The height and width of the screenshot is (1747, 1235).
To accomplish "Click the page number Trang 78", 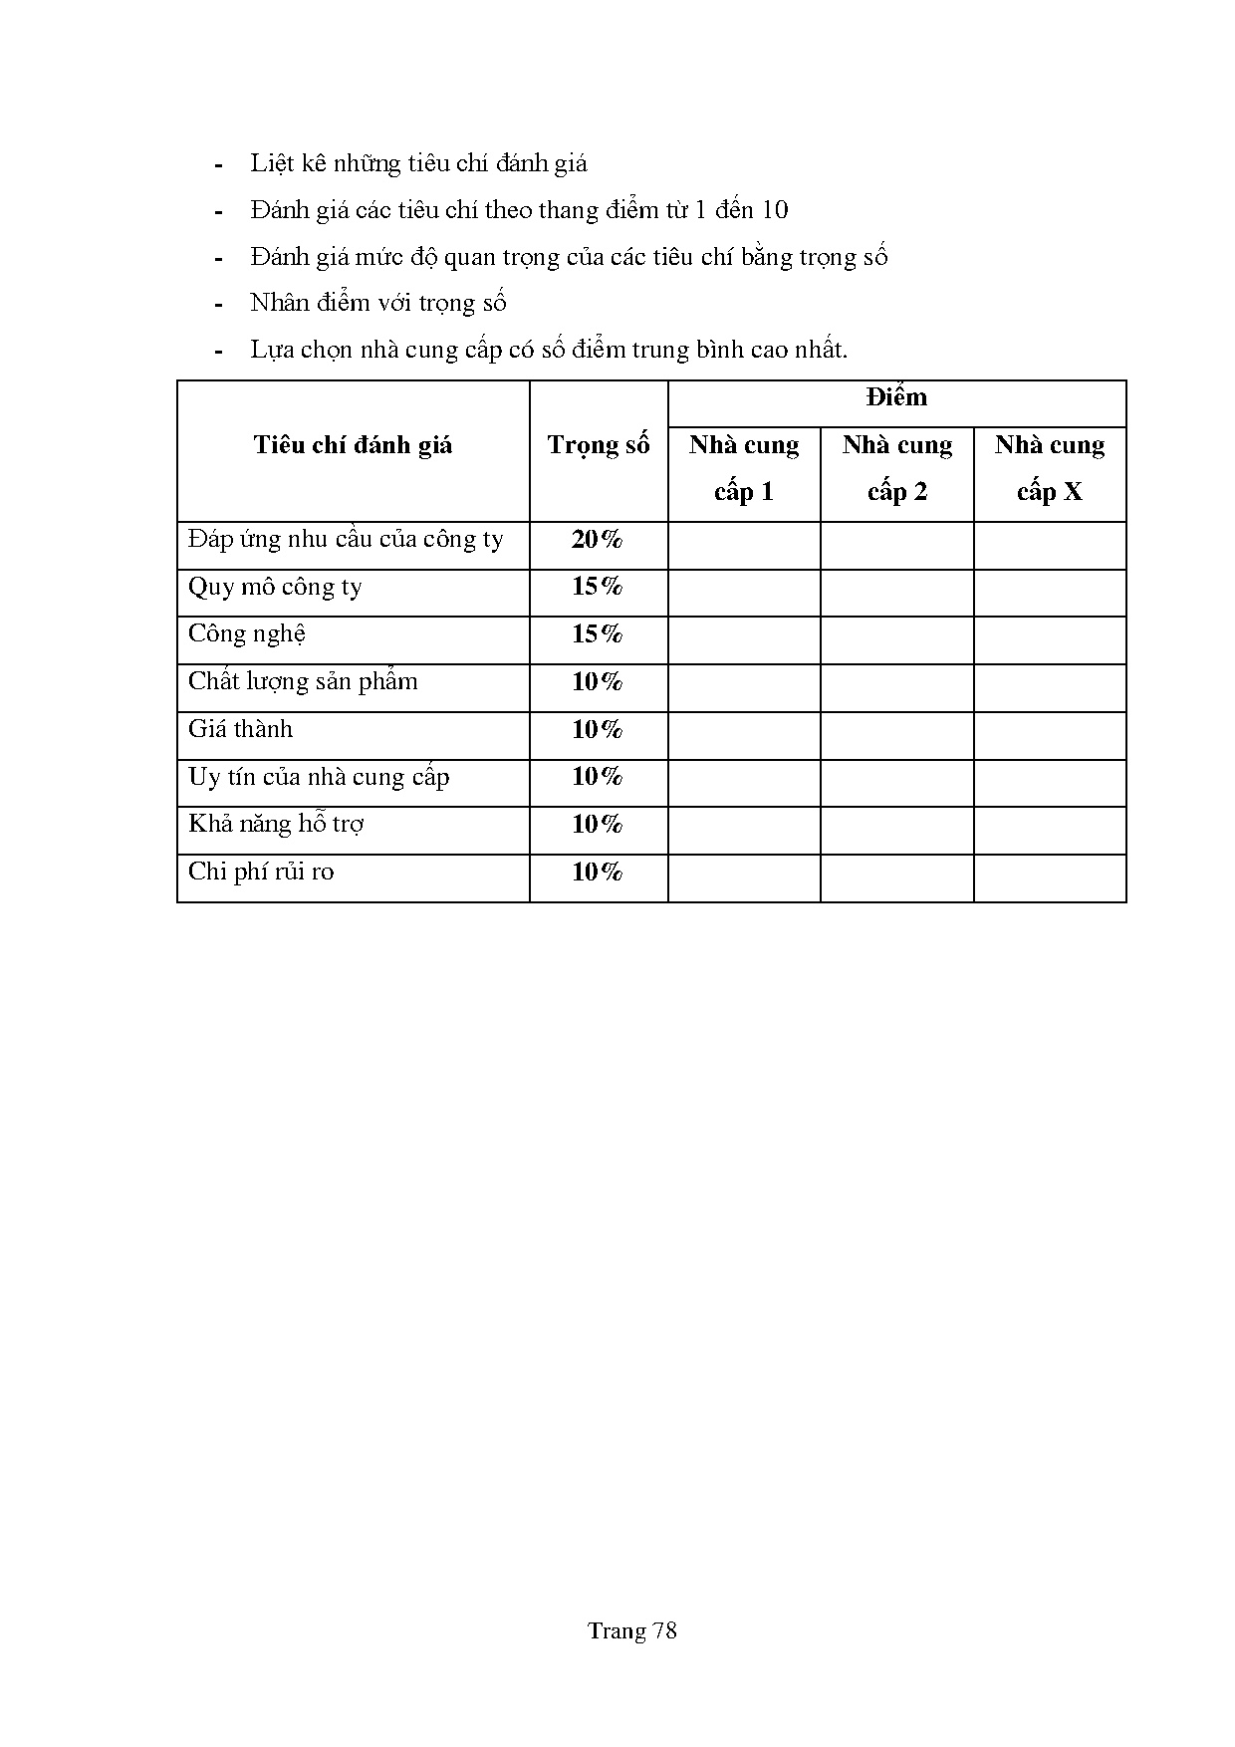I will [631, 1630].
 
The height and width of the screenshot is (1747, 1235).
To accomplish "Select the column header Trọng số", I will [598, 445].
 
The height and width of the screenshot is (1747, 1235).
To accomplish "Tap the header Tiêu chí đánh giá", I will [353, 445].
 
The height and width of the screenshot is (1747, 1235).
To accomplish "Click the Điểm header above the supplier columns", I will [896, 398].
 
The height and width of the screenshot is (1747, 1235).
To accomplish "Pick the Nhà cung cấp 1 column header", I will [744, 468].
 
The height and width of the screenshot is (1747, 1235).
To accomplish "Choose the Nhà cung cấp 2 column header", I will [896, 468].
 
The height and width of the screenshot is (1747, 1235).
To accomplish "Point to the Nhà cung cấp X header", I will [1050, 468].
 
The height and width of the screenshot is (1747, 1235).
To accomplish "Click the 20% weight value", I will [597, 540].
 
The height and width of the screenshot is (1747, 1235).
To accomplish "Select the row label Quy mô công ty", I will [275, 588].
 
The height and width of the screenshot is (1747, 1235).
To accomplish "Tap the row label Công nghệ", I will [247, 634].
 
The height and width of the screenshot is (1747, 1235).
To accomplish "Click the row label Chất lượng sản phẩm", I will [303, 682].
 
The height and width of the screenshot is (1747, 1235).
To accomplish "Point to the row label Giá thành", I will [241, 730].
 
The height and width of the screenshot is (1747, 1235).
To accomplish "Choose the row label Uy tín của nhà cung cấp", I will [319, 777].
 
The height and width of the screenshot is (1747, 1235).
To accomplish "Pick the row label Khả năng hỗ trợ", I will [276, 825].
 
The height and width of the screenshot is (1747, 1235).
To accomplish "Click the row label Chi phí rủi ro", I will [261, 873].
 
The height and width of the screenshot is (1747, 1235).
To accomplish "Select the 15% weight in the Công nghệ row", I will [597, 634].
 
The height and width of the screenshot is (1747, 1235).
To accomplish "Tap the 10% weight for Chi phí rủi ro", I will [597, 873].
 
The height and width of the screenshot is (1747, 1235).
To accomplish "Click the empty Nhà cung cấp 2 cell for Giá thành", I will [896, 735].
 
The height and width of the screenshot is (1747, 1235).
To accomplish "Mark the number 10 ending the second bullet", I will [774, 210].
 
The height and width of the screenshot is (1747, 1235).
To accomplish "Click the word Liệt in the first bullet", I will [269, 163].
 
